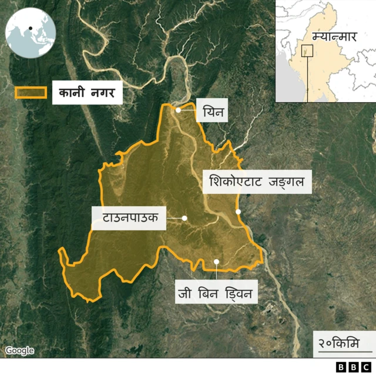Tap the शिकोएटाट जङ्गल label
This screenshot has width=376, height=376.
(x=257, y=183)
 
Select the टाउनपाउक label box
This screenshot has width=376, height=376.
(x=129, y=218)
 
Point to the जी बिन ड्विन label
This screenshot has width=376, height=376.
(x=217, y=292)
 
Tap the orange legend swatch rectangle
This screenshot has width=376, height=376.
(x=31, y=92)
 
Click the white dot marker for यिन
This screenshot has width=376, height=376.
(x=179, y=109)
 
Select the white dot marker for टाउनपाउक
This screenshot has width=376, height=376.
(x=184, y=218)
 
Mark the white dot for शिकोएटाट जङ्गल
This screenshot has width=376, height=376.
(x=238, y=211)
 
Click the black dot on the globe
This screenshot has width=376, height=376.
(x=29, y=28)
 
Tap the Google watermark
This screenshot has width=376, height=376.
(x=19, y=351)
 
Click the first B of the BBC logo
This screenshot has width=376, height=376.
(x=341, y=367)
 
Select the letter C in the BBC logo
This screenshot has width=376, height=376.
(x=367, y=367)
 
